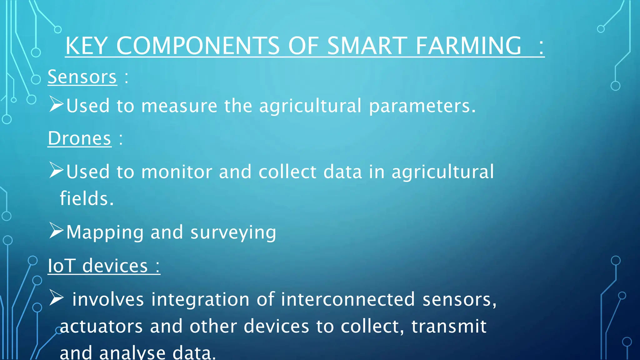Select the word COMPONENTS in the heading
pyautogui.click(x=198, y=46)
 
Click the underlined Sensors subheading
pyautogui.click(x=82, y=77)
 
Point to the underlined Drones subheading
pyautogui.click(x=79, y=138)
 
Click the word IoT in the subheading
pyautogui.click(x=61, y=266)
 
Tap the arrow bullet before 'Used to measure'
pyautogui.click(x=56, y=104)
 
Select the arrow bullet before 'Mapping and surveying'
pyautogui.click(x=56, y=231)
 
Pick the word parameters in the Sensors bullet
pyautogui.click(x=422, y=106)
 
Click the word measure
pyautogui.click(x=179, y=106)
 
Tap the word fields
pyautogui.click(x=87, y=198)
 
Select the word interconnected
pyautogui.click(x=348, y=299)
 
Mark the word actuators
pyautogui.click(x=101, y=326)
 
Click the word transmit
pyautogui.click(x=449, y=326)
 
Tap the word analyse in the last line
pyautogui.click(x=132, y=353)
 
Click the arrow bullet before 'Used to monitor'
pyautogui.click(x=56, y=170)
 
